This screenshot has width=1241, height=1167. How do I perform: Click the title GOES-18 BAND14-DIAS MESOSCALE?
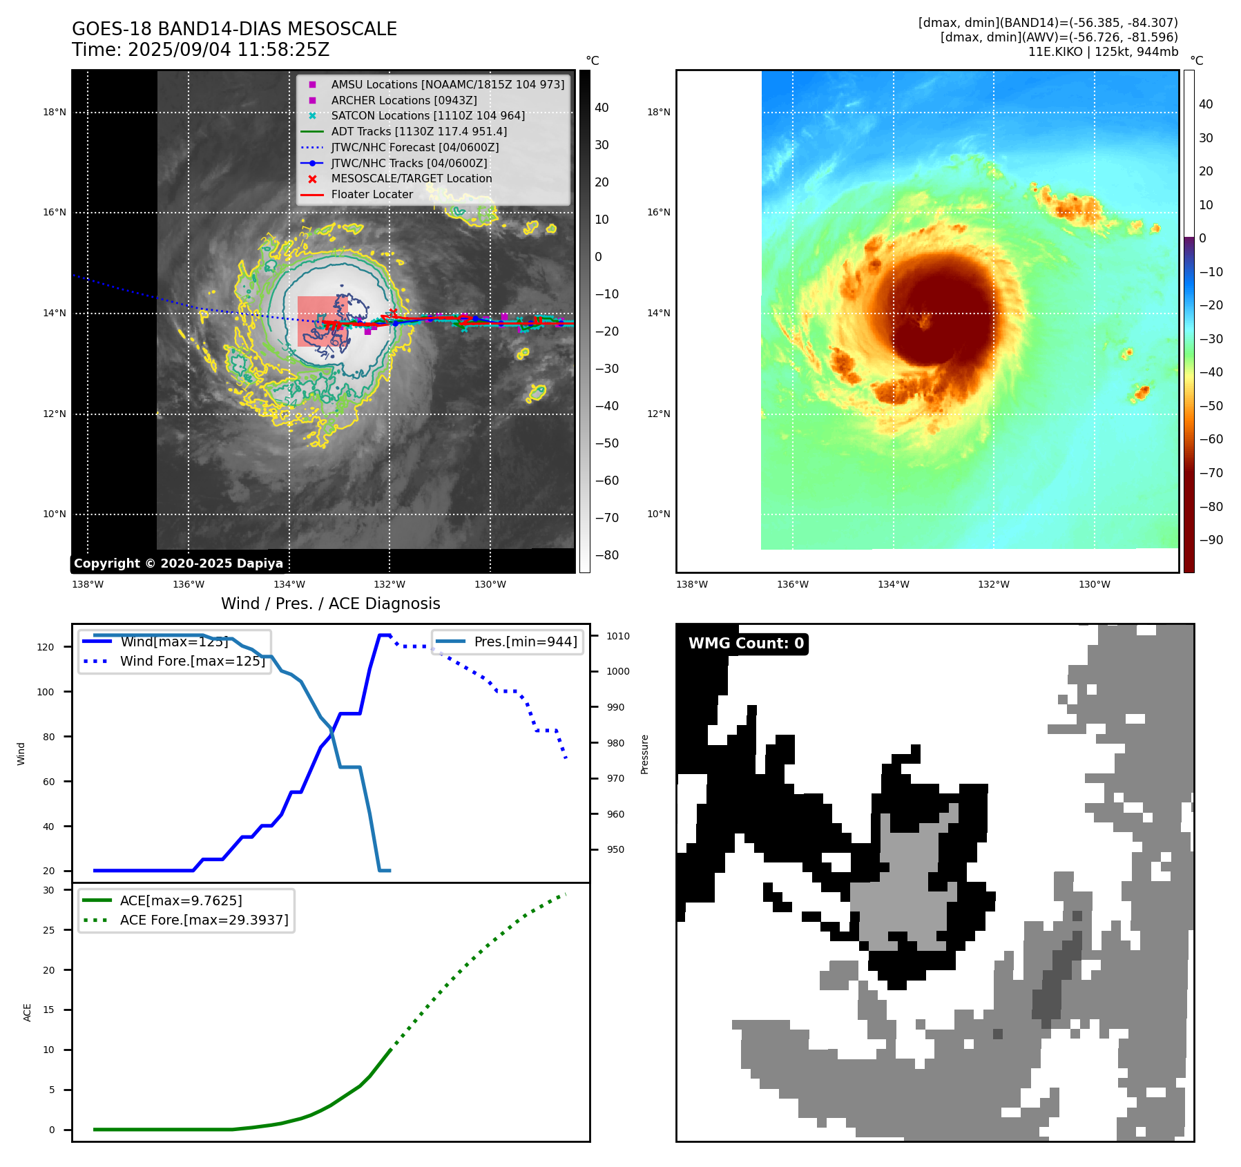(234, 29)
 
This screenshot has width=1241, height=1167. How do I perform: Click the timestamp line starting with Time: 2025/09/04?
(200, 50)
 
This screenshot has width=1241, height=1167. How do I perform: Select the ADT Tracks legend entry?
(419, 131)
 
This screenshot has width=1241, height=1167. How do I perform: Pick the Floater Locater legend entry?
(372, 195)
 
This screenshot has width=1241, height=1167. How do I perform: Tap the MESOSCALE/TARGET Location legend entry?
(411, 179)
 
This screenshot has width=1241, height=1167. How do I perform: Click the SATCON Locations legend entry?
(427, 116)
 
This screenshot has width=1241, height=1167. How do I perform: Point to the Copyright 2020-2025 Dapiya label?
(178, 563)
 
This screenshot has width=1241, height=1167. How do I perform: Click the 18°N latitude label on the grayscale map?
(55, 113)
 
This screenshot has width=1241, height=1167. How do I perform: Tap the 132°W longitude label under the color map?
(993, 585)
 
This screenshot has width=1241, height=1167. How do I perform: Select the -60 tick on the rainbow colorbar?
(1211, 439)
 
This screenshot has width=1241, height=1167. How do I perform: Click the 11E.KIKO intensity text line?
(1103, 52)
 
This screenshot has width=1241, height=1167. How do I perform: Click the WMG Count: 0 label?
(746, 644)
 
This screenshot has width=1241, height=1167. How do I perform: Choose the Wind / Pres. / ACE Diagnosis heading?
(330, 604)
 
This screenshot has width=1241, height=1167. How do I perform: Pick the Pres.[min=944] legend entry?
(525, 642)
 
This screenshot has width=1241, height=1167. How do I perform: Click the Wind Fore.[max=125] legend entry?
(192, 661)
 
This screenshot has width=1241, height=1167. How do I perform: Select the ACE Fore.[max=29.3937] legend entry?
(204, 920)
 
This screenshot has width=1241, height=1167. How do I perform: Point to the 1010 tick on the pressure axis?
(618, 636)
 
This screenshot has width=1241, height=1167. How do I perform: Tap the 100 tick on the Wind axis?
(46, 692)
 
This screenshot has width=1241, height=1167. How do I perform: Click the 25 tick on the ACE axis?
(48, 930)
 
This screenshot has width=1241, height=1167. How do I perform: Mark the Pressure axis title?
(644, 754)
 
